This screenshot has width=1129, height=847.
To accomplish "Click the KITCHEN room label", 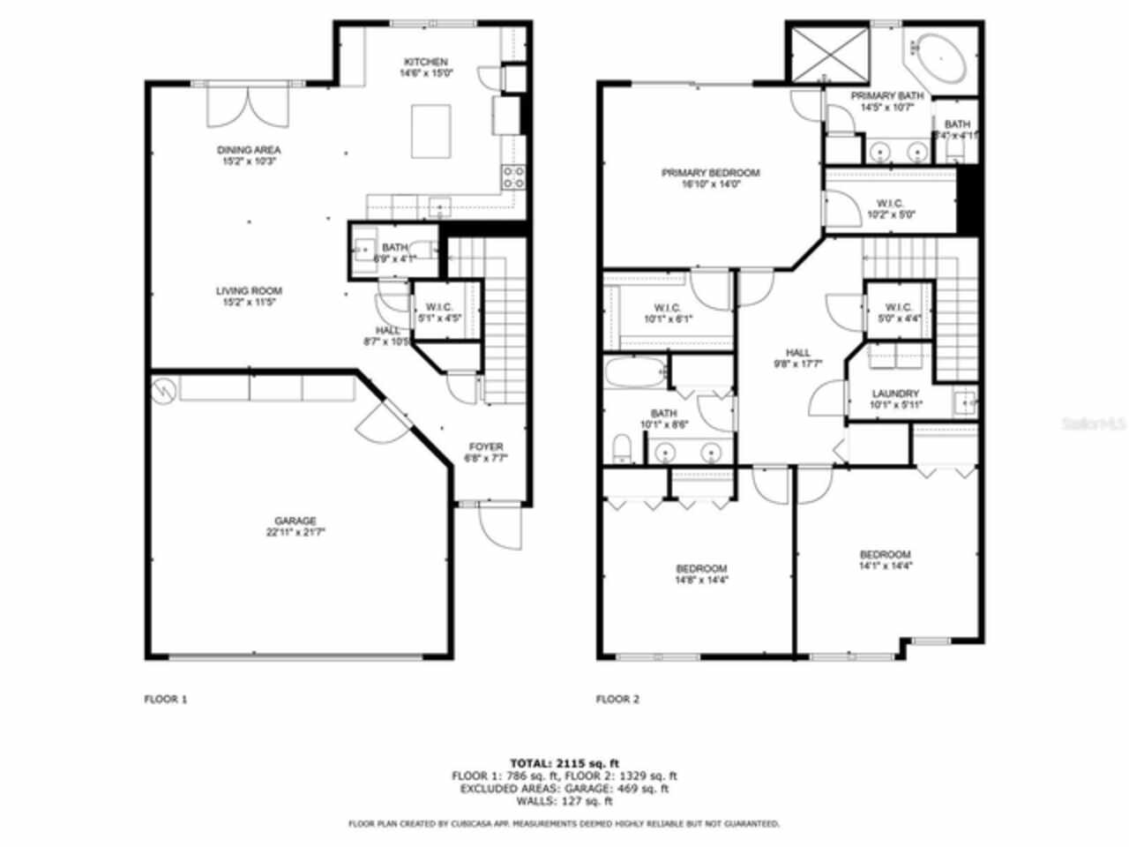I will pyautogui.click(x=426, y=62).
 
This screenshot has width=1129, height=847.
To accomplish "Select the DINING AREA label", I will pyautogui.click(x=249, y=150).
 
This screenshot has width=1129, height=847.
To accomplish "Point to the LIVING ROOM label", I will pyautogui.click(x=249, y=291).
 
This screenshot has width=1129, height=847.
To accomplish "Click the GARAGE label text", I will pyautogui.click(x=295, y=521).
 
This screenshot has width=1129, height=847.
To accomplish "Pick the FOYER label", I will pyautogui.click(x=485, y=446).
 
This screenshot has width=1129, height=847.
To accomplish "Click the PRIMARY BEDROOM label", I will pyautogui.click(x=710, y=173).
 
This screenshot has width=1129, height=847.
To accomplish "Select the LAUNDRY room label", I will pyautogui.click(x=895, y=394).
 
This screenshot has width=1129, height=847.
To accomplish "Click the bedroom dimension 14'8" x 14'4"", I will pyautogui.click(x=701, y=581).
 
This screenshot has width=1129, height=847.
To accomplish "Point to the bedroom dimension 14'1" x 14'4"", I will pyautogui.click(x=885, y=566).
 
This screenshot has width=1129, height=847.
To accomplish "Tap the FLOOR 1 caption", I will pyautogui.click(x=166, y=700).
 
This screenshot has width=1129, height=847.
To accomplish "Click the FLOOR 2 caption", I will pyautogui.click(x=617, y=700).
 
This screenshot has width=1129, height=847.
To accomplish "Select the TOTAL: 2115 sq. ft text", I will pyautogui.click(x=564, y=762).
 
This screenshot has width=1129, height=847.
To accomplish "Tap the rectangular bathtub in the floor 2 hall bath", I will pyautogui.click(x=635, y=374).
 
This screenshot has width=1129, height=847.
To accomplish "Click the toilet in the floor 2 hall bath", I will pyautogui.click(x=622, y=448).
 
